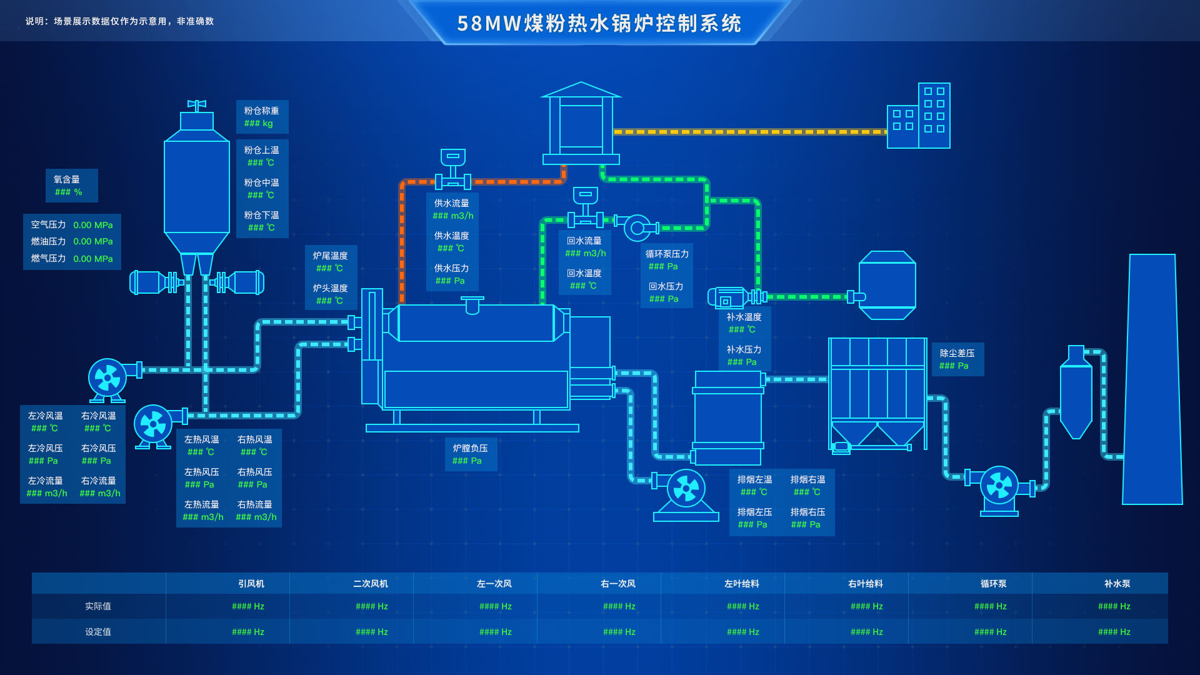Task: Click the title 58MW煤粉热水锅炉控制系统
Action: pos(599,24)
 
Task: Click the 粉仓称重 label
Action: pos(261,111)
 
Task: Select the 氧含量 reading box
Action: pos(71,186)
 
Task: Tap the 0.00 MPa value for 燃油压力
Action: pos(93,241)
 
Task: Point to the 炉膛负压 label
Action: pos(470,448)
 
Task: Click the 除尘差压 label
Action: pos(957,353)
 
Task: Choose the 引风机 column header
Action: pos(251,584)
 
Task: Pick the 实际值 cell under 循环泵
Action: pos(991,606)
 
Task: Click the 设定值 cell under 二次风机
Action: pos(372,632)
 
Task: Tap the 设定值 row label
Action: pos(98,632)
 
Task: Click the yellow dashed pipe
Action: pos(750,132)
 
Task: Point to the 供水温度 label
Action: pos(451,236)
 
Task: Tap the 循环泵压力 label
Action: pos(666,254)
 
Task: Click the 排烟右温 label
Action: pos(807,479)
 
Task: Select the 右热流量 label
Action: pos(254,504)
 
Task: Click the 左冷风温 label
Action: pos(45,416)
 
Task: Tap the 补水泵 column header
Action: pos(1117,584)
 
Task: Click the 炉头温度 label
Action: pos(330,288)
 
